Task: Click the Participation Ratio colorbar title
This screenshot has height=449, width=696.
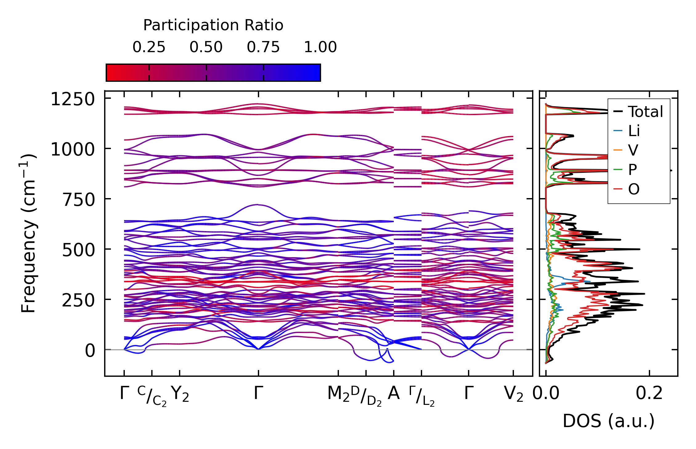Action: (x=213, y=25)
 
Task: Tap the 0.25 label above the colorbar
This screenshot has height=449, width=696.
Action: (x=149, y=47)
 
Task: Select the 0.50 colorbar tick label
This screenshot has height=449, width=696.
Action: (x=206, y=47)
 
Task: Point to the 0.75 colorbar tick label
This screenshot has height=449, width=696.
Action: (x=263, y=47)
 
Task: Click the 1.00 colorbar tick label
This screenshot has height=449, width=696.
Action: (x=320, y=47)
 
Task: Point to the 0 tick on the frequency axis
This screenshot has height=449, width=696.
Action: (x=90, y=351)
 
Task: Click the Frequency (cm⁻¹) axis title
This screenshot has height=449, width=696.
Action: (x=29, y=233)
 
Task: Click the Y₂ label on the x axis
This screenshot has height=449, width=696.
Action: (x=180, y=394)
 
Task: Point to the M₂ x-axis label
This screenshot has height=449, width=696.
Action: (x=338, y=394)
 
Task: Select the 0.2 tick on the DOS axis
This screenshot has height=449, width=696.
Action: (x=649, y=394)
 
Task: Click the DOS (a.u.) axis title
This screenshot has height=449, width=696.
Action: (x=608, y=421)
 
